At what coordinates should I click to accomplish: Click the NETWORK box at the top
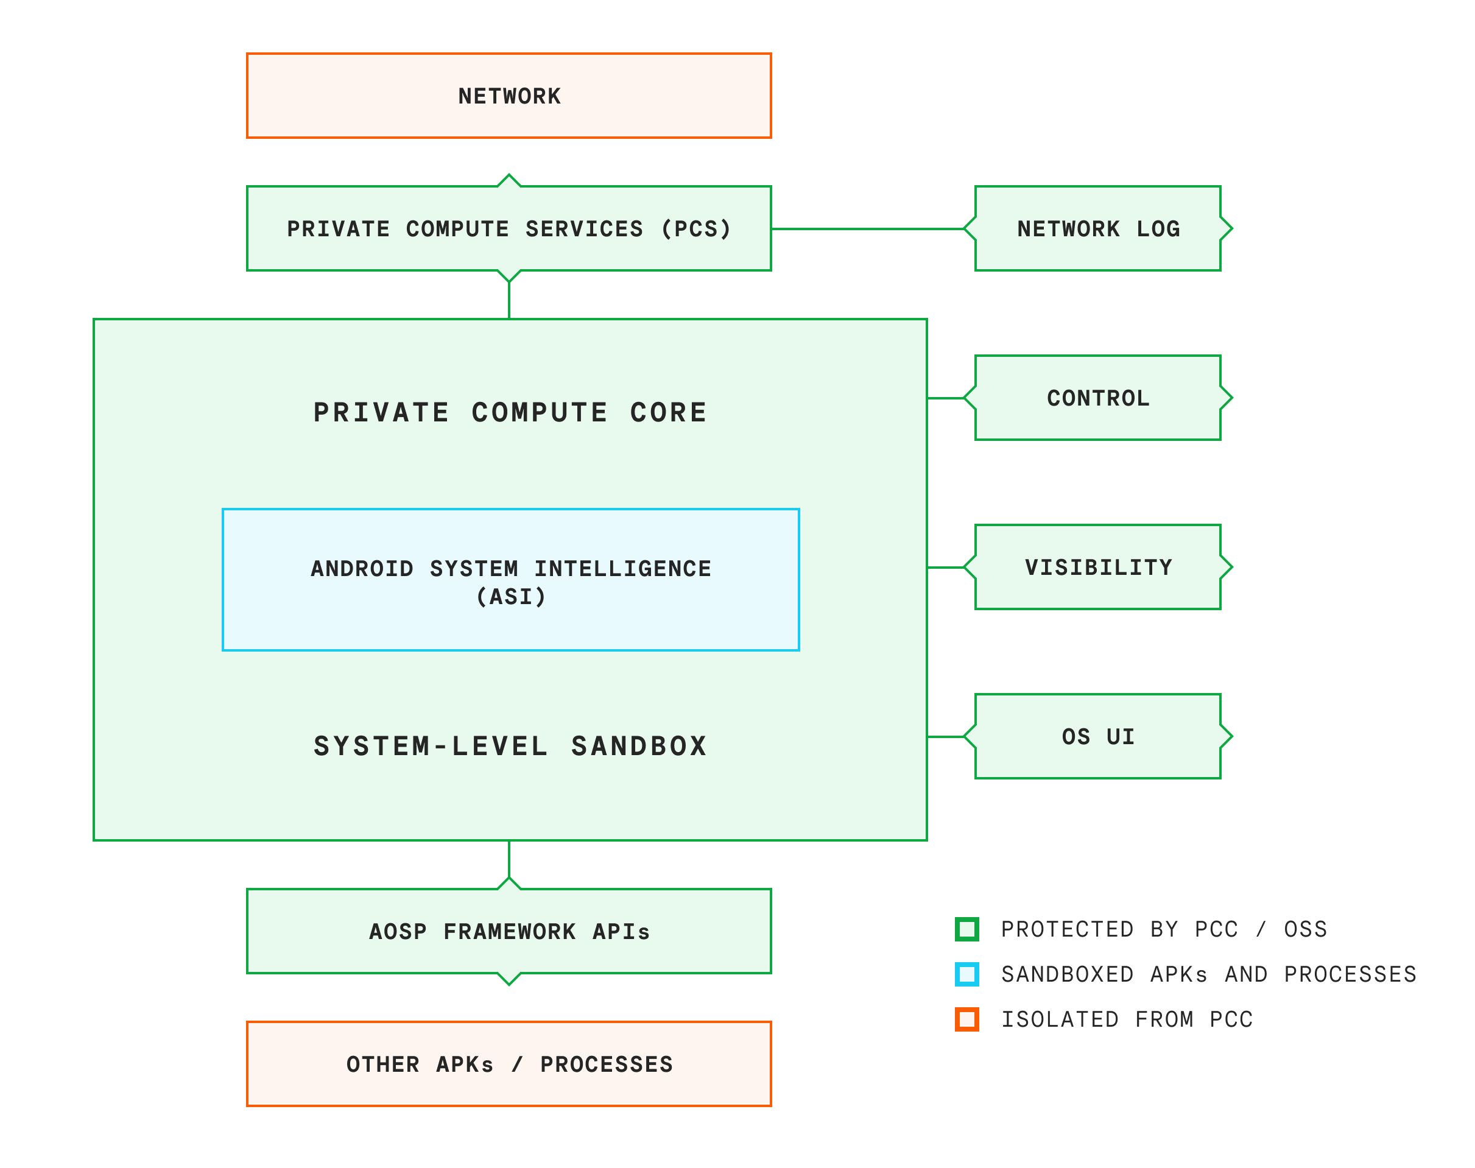(x=508, y=95)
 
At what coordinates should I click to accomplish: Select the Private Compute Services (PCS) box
(x=508, y=228)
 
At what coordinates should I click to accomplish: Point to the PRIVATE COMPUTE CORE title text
(x=510, y=412)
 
